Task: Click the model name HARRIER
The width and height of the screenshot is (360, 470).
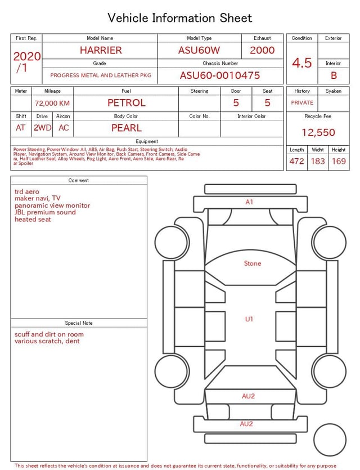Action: click(101, 50)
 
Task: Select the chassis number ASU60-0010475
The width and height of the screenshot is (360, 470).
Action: click(220, 75)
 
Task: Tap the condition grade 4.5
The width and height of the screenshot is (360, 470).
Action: click(302, 63)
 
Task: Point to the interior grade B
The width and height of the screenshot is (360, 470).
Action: click(334, 75)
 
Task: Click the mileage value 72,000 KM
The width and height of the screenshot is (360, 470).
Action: click(52, 104)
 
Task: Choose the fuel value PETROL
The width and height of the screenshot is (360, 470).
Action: click(127, 103)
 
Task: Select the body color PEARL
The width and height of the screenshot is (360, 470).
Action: click(127, 128)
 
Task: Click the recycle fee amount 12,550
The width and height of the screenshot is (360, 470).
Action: click(318, 132)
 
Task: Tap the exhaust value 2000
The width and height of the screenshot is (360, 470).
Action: click(262, 50)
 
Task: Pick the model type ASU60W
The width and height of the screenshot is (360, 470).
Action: click(199, 50)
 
